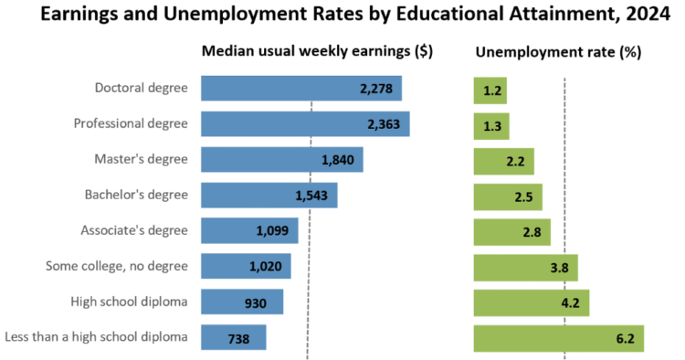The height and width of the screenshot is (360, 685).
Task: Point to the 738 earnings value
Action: (238, 338)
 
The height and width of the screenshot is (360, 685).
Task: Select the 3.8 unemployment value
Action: (558, 268)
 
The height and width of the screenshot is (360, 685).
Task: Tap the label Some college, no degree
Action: (116, 266)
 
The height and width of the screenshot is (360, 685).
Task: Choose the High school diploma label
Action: (129, 301)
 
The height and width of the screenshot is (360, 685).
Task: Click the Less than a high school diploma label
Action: (96, 336)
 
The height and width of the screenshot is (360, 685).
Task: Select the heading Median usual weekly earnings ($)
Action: (317, 52)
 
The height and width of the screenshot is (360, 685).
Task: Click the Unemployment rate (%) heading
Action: (558, 52)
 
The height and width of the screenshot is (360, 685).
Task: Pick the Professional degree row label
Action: (131, 123)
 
